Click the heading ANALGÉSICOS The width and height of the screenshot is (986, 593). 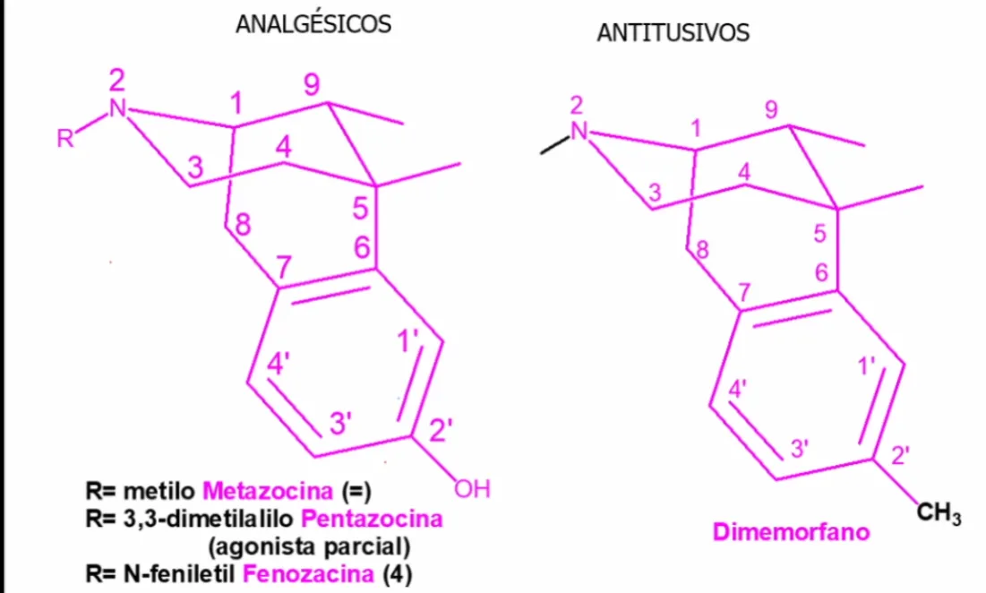click(x=313, y=24)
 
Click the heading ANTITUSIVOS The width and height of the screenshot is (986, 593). click(x=673, y=33)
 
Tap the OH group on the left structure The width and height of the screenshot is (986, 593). click(x=472, y=488)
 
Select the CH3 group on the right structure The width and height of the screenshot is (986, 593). click(x=939, y=513)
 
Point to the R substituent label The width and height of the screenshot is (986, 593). click(x=64, y=138)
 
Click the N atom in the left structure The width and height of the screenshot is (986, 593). click(x=117, y=108)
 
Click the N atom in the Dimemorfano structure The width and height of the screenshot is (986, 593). click(x=579, y=131)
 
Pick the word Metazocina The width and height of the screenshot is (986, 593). click(x=268, y=491)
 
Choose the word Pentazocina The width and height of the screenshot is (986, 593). click(x=372, y=519)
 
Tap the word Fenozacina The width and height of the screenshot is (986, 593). click(x=308, y=574)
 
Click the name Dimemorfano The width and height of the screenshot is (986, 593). click(x=791, y=532)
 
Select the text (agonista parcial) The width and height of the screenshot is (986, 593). click(x=309, y=546)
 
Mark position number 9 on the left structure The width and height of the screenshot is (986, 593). click(x=312, y=84)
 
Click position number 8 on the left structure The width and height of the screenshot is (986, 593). click(x=243, y=224)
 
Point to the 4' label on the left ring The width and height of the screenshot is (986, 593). click(x=278, y=364)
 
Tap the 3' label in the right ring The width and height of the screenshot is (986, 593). click(x=799, y=449)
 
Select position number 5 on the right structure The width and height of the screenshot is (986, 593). click(x=819, y=234)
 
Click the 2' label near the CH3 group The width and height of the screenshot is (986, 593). click(x=901, y=455)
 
